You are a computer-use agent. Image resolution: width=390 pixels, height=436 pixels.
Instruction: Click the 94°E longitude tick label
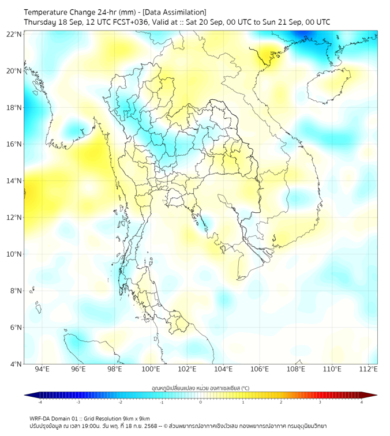click(x=42, y=370)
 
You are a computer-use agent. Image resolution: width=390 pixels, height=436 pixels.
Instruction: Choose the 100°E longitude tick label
click(x=151, y=370)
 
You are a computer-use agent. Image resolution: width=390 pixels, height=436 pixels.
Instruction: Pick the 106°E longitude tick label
click(x=260, y=370)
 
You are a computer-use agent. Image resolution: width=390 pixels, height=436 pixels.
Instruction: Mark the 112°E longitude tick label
click(x=368, y=370)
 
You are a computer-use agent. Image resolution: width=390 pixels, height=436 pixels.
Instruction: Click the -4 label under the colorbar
click(x=39, y=403)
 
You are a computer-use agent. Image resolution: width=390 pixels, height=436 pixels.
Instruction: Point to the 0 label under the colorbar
click(x=201, y=403)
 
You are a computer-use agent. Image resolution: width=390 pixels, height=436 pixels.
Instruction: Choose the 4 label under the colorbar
click(x=362, y=403)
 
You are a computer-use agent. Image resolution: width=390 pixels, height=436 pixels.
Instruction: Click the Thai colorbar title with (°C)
click(x=200, y=388)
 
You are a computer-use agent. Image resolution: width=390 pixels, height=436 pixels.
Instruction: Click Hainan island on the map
click(x=329, y=87)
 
